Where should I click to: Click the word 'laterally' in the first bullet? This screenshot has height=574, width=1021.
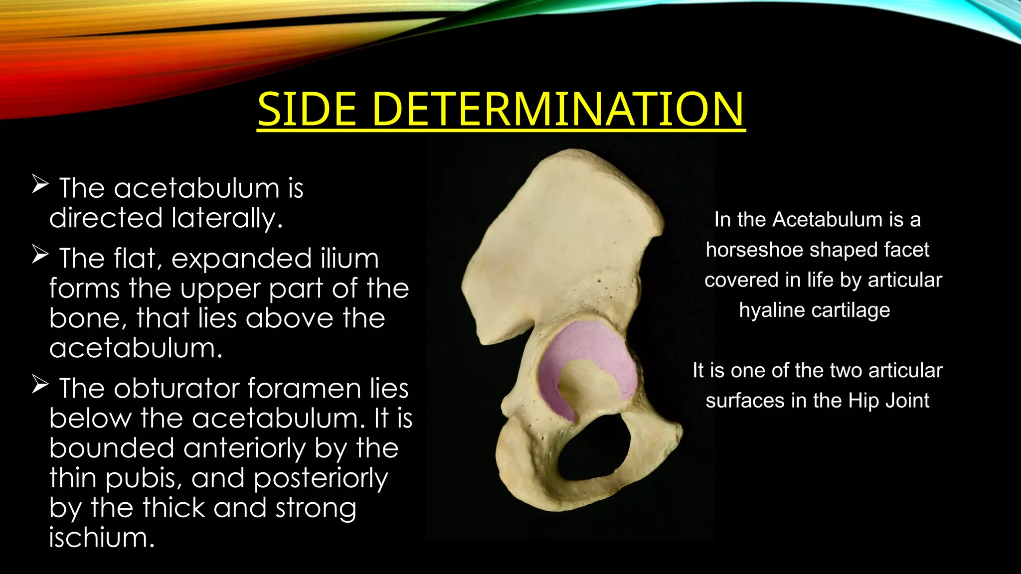(x=227, y=219)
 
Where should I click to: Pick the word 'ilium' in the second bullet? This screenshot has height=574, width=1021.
(x=348, y=259)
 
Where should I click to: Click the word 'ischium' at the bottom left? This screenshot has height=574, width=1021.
(x=102, y=538)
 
